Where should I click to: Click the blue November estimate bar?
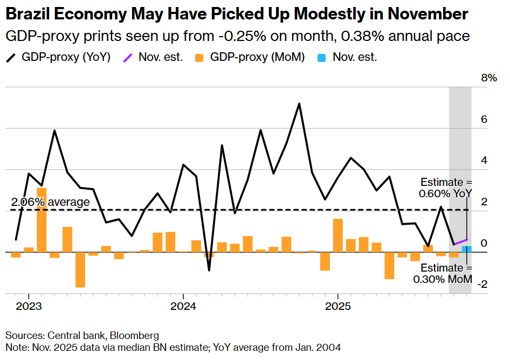467,249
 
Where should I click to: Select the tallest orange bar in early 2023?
42,219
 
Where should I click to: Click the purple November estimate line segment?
460,242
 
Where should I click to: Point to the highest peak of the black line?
299,103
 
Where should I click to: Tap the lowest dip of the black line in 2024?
209,269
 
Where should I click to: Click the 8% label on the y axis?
488,78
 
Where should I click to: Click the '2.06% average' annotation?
50,202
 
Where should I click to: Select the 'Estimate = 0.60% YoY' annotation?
446,187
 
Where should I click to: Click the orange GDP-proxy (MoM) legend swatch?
199,57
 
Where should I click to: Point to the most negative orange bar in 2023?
80,269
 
